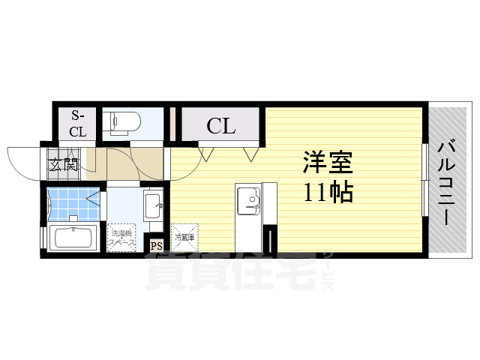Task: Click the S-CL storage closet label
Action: (x=78, y=124)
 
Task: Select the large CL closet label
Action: (x=221, y=125)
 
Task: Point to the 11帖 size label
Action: (x=328, y=193)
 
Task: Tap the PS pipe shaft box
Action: (x=157, y=245)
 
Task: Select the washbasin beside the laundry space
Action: (x=152, y=203)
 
